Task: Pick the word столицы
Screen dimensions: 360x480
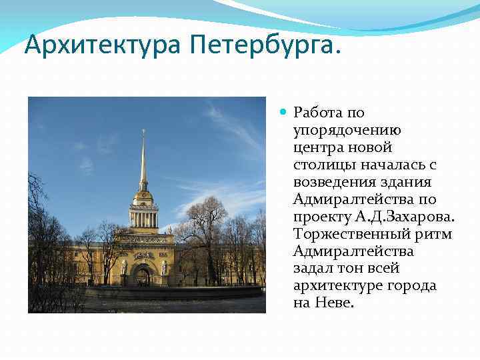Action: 319,165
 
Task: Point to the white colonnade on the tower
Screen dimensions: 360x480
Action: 143,218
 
